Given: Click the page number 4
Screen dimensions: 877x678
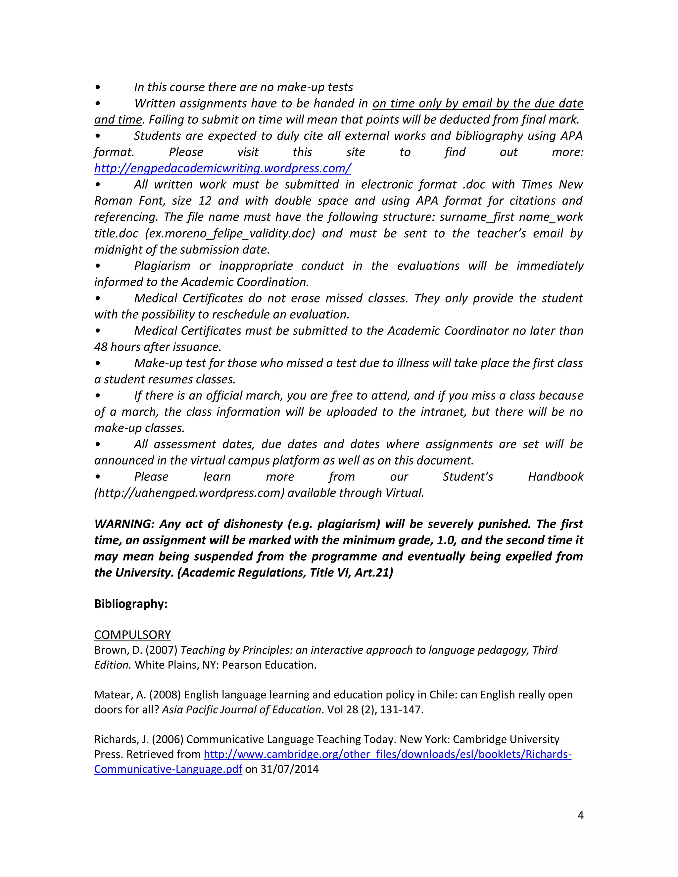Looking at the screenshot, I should pyautogui.click(x=580, y=815).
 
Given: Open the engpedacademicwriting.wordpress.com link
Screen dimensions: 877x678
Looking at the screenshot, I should pyautogui.click(x=222, y=168).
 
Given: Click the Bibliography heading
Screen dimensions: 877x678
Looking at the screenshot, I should pyautogui.click(x=130, y=604).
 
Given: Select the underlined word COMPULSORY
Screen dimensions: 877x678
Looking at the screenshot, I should pyautogui.click(x=132, y=634).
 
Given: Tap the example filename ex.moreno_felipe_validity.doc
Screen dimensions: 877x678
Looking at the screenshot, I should pyautogui.click(x=230, y=233).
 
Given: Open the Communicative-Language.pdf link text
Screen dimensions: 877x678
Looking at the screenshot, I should pyautogui.click(x=168, y=769).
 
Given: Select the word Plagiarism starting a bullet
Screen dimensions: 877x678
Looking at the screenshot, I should pyautogui.click(x=162, y=266).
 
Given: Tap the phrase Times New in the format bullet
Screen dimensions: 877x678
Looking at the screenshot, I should pyautogui.click(x=552, y=185).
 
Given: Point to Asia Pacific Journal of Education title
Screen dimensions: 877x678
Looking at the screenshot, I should pyautogui.click(x=241, y=710).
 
